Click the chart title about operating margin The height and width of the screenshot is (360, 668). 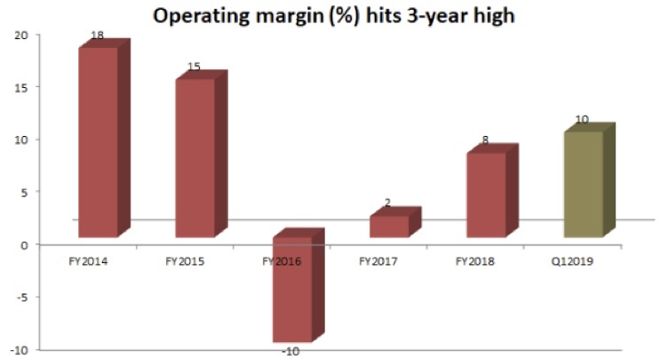tap(333, 16)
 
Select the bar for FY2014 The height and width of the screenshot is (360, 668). tap(98, 142)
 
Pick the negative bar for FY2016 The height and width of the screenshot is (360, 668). tap(292, 289)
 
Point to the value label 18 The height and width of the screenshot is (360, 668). tap(98, 36)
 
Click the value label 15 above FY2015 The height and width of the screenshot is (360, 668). tap(194, 68)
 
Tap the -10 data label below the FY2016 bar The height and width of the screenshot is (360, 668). tap(290, 352)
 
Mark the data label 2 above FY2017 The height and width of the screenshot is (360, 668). tap(387, 204)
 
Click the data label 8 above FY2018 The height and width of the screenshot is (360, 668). tap(484, 140)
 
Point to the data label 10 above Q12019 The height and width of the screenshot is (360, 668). tap(582, 120)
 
